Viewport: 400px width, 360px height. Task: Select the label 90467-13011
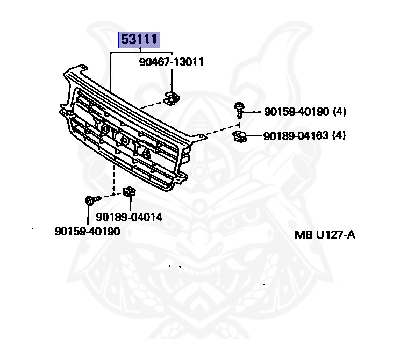point(171,62)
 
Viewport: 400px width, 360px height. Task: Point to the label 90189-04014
point(130,218)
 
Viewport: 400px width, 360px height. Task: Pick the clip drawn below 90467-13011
point(171,98)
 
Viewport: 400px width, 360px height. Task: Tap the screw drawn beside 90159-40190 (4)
point(239,110)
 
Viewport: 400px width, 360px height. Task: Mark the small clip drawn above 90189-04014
point(130,191)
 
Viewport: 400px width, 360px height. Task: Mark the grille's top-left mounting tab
point(75,68)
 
